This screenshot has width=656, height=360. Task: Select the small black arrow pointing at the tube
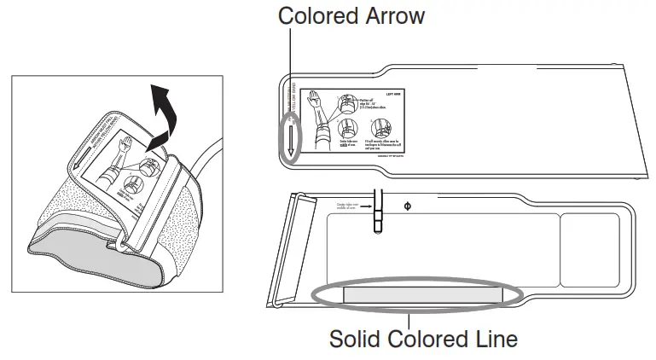click(x=365, y=206)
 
